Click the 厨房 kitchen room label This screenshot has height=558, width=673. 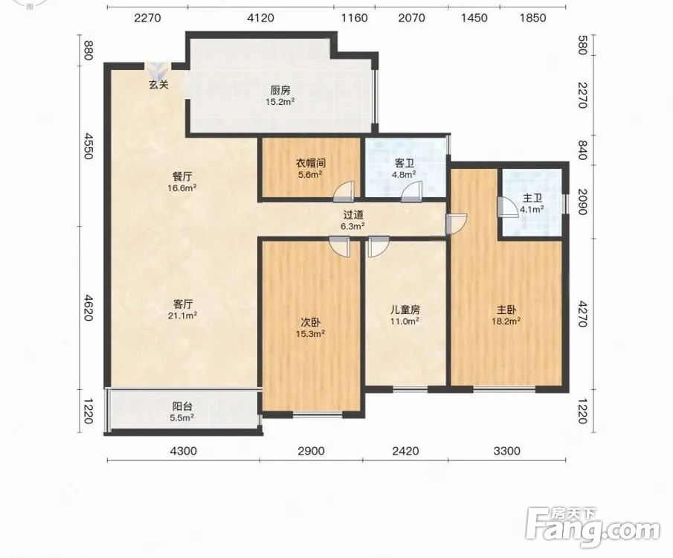pos(280,90)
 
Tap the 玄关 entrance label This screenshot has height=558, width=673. pos(158,85)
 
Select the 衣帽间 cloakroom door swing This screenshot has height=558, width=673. pos(344,191)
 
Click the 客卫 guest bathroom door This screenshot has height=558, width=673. pos(411,192)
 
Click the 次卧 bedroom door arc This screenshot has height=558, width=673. pos(340,247)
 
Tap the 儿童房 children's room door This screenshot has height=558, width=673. pos(379,247)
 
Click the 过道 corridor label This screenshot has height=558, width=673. pos(353,215)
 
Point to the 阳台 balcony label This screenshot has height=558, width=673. pos(182,406)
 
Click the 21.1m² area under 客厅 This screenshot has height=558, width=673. pos(182,315)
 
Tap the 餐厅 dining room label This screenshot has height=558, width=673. pos(182,176)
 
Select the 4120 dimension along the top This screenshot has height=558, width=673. pos(260,18)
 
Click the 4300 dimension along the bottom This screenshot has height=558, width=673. pos(183,451)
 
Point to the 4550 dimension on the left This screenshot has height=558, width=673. pos(88,146)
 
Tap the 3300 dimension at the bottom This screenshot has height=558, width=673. pos(507,451)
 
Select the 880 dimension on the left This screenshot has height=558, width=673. pos(88,51)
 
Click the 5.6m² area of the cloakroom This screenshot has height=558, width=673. pos(310,175)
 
